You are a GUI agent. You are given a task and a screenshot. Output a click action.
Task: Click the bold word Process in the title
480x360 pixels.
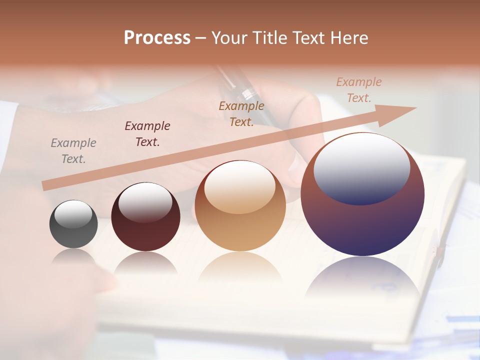[157, 38]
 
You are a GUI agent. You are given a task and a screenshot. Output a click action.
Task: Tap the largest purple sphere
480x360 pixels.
[362, 225]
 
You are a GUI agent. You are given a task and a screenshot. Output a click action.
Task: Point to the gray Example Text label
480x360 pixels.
[73, 151]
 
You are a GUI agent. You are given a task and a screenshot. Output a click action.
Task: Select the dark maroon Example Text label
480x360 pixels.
[147, 134]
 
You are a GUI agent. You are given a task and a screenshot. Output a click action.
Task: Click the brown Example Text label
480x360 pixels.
[241, 114]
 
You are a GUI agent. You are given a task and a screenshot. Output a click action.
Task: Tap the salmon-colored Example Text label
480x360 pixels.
[359, 90]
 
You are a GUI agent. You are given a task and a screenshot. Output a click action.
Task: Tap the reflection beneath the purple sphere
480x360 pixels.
[362, 277]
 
